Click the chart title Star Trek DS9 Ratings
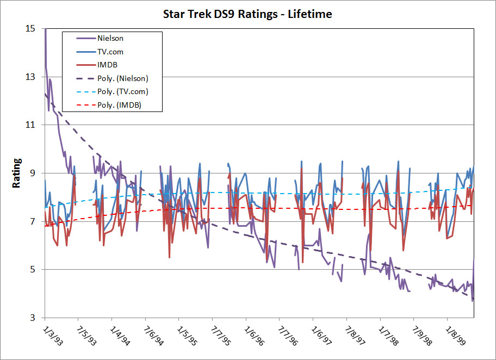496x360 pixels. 247,14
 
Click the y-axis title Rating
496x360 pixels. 17,173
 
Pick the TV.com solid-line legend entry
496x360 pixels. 110,52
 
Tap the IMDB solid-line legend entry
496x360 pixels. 106,65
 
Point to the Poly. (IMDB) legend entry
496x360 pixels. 116,105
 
